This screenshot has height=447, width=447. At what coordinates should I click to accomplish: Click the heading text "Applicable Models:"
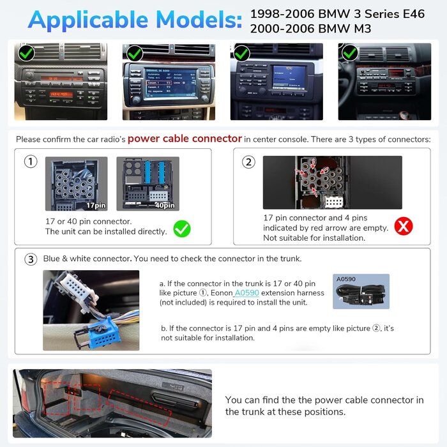tap(135, 20)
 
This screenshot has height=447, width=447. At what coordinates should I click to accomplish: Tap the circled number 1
tap(30, 162)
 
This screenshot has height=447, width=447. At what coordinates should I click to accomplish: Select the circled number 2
tap(248, 162)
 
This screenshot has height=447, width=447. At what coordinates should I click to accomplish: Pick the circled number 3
tap(30, 259)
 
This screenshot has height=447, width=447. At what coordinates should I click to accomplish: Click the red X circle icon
tap(403, 225)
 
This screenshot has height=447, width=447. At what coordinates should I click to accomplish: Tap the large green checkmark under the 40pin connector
tap(182, 229)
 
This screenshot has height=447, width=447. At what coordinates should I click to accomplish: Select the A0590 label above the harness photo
tap(345, 279)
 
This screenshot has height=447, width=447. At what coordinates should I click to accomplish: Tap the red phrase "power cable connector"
tap(185, 139)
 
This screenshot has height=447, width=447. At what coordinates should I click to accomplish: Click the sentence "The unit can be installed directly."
tap(106, 231)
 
